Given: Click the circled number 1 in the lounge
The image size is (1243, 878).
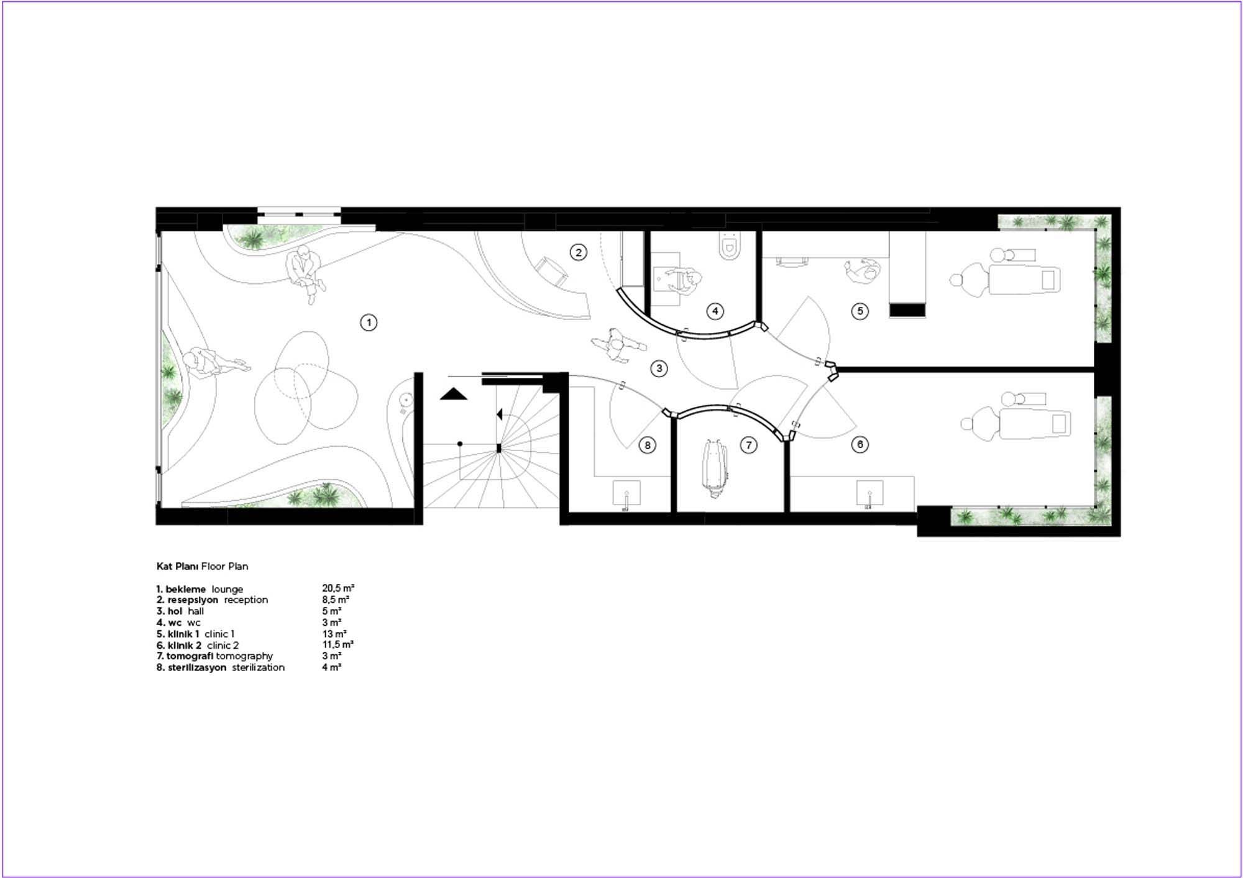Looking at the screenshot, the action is pyautogui.click(x=369, y=322).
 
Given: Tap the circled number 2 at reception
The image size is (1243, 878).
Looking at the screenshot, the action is pyautogui.click(x=579, y=252).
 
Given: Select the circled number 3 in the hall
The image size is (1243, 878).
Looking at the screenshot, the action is pyautogui.click(x=659, y=368).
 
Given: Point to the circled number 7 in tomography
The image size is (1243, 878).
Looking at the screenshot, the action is pyautogui.click(x=749, y=445).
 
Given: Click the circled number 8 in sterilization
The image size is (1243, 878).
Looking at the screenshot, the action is pyautogui.click(x=648, y=445).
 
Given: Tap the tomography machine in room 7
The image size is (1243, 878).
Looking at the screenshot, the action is pyautogui.click(x=715, y=469).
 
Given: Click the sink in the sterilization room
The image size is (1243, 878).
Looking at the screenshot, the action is pyautogui.click(x=626, y=495).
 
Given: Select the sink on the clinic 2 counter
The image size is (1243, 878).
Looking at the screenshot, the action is pyautogui.click(x=869, y=495).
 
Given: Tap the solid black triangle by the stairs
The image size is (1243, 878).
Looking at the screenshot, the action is pyautogui.click(x=454, y=394).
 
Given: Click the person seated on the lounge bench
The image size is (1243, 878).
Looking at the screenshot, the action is pyautogui.click(x=305, y=273).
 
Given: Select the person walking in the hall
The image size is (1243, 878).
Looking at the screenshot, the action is pyautogui.click(x=617, y=345).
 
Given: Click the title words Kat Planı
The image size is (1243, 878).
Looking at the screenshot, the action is pyautogui.click(x=177, y=566).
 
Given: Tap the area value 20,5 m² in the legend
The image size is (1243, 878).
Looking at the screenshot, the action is pyautogui.click(x=338, y=588).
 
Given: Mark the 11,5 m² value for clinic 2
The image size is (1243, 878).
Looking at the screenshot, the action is pyautogui.click(x=338, y=645).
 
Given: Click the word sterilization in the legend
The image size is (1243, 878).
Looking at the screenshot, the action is pyautogui.click(x=259, y=667).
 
